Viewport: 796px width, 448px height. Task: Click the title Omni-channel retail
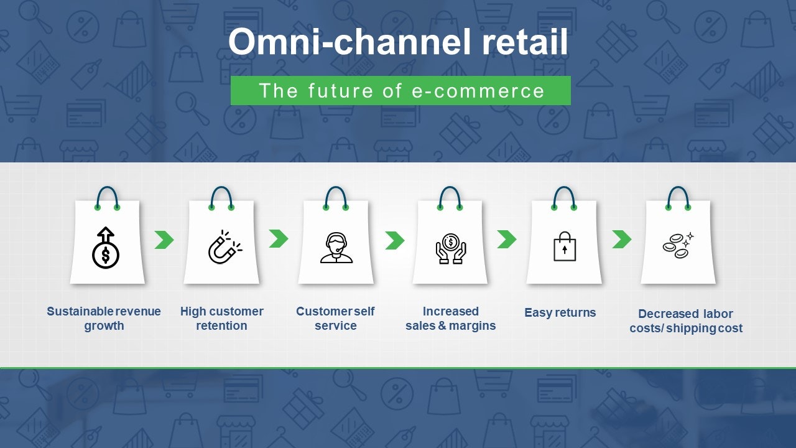[x=398, y=43]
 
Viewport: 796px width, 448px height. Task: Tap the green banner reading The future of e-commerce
[x=400, y=91]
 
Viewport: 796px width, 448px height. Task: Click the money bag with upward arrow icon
[x=106, y=248]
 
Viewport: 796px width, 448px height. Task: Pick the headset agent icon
[x=336, y=248]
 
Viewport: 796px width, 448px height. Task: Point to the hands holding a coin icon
[x=450, y=248]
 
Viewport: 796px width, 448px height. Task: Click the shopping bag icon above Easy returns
[x=565, y=246]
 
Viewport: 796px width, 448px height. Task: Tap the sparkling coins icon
[x=678, y=245]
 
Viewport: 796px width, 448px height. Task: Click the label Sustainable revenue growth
[x=104, y=319]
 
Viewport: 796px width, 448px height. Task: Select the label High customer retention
[x=222, y=319]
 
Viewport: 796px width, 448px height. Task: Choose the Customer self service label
[x=335, y=319]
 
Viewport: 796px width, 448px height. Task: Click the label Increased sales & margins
[x=450, y=319]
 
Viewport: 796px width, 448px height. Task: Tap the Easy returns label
[x=560, y=312]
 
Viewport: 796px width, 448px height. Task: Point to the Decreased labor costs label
[x=685, y=321]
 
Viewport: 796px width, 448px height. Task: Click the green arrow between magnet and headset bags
[x=279, y=238]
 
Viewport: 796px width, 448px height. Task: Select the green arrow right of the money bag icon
[x=164, y=240]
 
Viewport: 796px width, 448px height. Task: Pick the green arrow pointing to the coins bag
[x=621, y=239]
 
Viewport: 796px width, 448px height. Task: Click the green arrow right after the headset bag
[x=394, y=240]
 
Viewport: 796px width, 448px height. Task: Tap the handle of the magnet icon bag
[x=221, y=196]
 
